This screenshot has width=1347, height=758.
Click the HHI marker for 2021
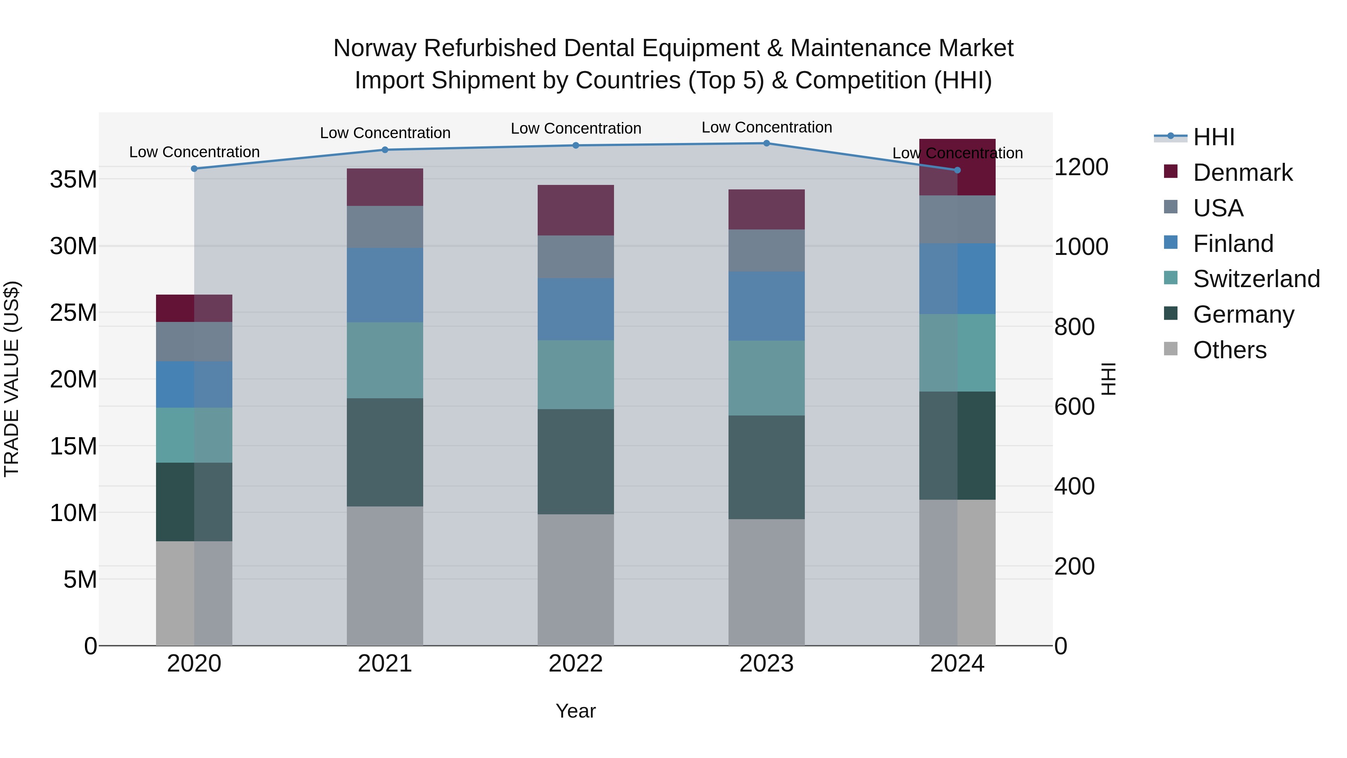click(385, 150)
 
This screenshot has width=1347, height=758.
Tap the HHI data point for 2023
click(767, 143)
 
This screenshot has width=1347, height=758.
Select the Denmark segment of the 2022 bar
click(576, 210)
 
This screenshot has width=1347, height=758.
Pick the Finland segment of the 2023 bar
click(767, 306)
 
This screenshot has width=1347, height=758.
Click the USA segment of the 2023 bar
click(767, 250)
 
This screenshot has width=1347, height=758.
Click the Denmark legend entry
click(1242, 173)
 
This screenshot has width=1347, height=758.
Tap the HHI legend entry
click(1213, 137)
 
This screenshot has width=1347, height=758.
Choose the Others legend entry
click(1230, 350)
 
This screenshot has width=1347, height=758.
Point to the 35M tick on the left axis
click(73, 179)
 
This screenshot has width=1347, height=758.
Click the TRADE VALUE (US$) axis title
click(12, 379)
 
